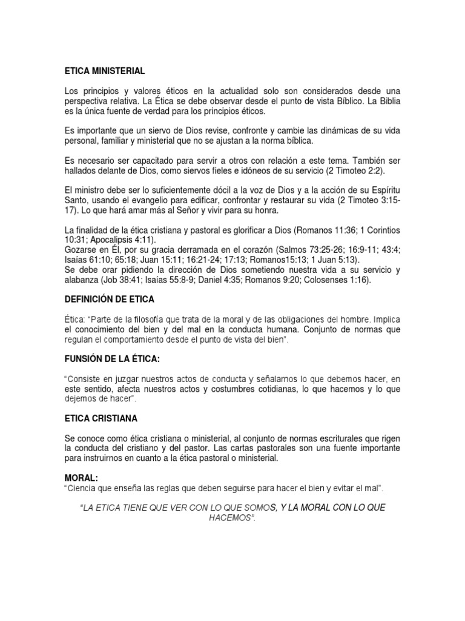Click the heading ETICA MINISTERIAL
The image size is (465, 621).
point(105,71)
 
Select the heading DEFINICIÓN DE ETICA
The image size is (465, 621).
point(109,300)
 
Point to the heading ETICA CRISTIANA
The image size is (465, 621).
point(102,418)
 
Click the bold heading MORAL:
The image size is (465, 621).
point(82,478)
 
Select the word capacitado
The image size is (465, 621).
point(141,160)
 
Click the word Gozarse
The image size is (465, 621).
point(81,250)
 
